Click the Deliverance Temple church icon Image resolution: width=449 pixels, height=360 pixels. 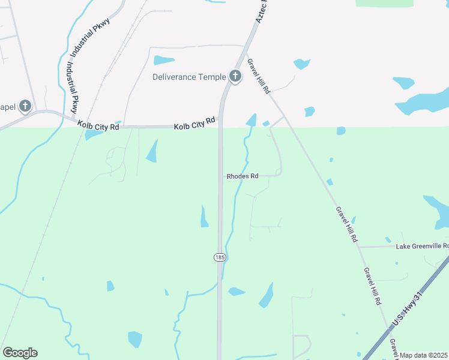coord(235,76)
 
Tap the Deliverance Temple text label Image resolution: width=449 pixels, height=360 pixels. coord(189,77)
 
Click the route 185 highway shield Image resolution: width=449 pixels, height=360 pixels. coord(220,257)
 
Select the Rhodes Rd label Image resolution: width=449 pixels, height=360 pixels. coord(243,176)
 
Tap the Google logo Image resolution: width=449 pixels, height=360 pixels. coord(20,353)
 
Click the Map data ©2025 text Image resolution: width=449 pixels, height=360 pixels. coord(423,355)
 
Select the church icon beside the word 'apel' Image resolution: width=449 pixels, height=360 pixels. coord(25,107)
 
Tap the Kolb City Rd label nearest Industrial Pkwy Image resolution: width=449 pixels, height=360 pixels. coord(98,125)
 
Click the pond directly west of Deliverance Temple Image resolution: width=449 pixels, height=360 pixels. coord(164,60)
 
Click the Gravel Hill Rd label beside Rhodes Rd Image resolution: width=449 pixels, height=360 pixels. coord(347,224)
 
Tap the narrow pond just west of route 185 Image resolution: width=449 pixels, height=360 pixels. coord(204,217)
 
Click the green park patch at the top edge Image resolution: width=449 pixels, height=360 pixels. coord(384,3)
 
